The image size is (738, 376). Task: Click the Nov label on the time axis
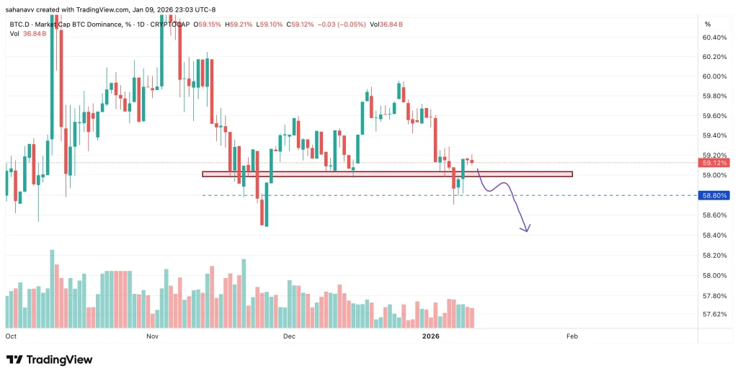pos(152,336)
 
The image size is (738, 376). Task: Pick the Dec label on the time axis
pos(289,336)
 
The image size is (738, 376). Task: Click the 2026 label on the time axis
pos(431,336)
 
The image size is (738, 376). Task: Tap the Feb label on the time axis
pos(572,336)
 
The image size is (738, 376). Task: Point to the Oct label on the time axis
pos(11,336)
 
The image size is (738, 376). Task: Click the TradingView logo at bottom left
pos(49,359)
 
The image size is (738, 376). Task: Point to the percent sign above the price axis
pos(707,24)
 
